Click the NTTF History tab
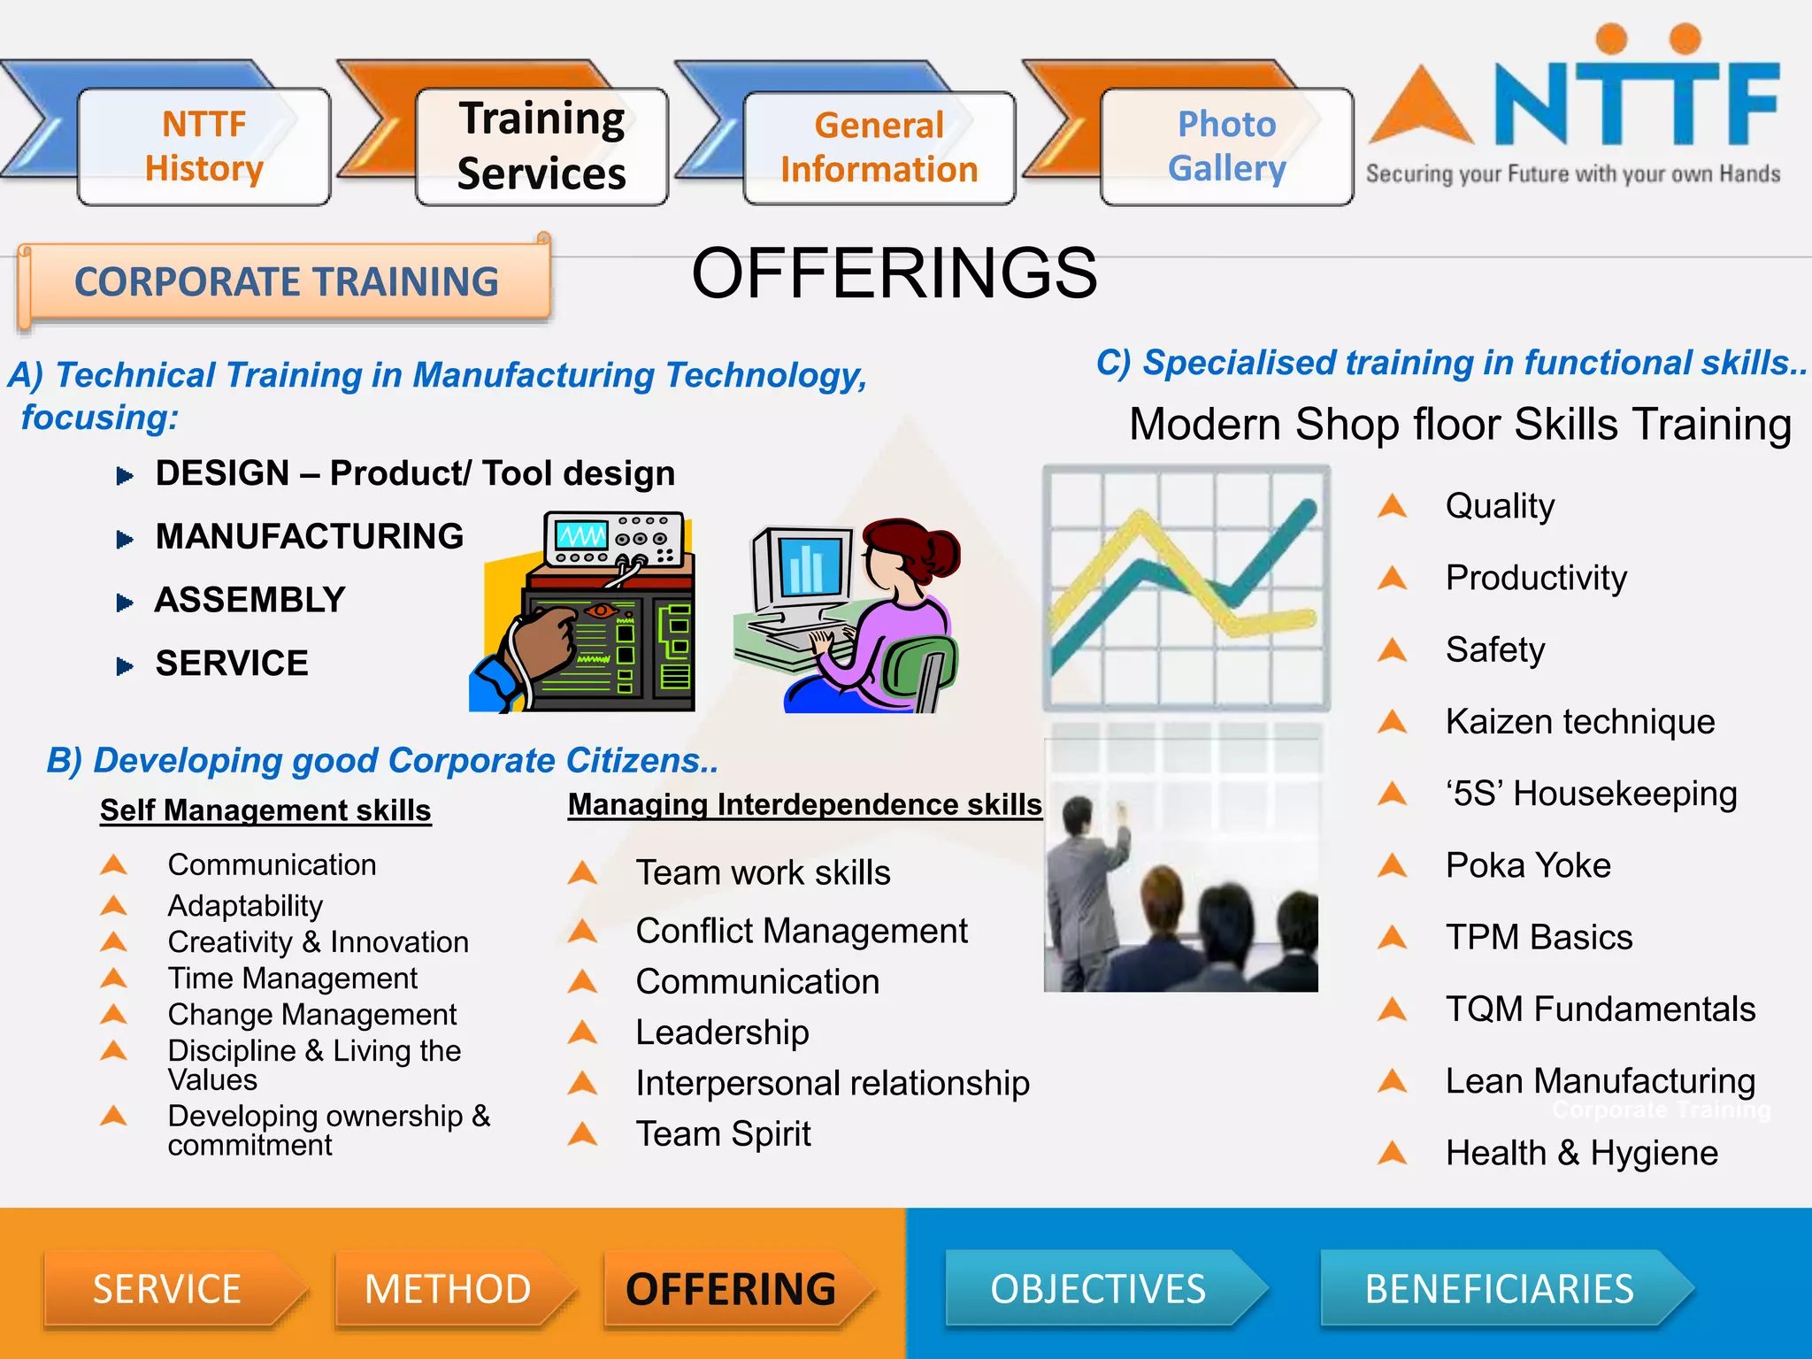[x=204, y=147]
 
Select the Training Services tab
[x=541, y=147]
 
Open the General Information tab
[x=879, y=148]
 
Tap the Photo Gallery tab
[x=1226, y=147]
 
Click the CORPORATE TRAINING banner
[x=286, y=282]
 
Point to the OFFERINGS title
[x=894, y=273]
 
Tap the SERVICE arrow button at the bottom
[x=168, y=1288]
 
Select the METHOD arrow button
[x=449, y=1288]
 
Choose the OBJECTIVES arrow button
[x=1099, y=1288]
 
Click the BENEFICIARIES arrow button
[x=1500, y=1288]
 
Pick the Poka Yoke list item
[x=1528, y=865]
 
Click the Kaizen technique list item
[x=1580, y=722]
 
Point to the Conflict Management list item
[x=802, y=931]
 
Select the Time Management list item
[x=293, y=979]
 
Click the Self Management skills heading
[x=265, y=810]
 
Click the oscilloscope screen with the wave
[x=581, y=535]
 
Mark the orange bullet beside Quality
[x=1393, y=506]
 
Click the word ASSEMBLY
[x=250, y=600]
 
